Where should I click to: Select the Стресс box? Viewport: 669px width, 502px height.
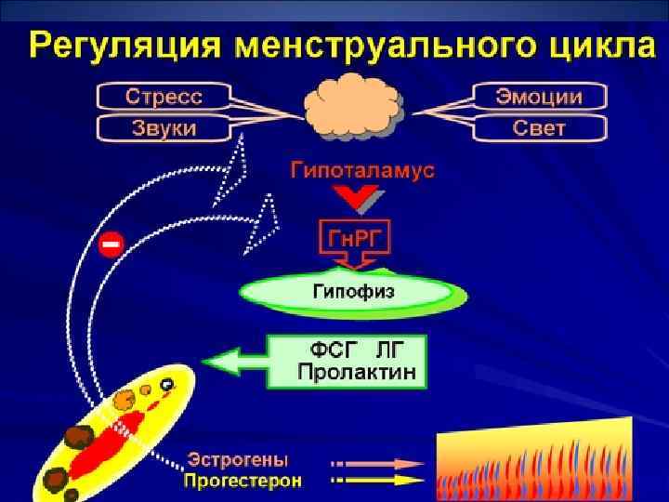pos(164,97)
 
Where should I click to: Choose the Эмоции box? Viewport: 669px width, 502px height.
pos(539,97)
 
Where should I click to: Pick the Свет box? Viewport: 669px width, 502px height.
pos(539,127)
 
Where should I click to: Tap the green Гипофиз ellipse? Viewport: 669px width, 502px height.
pos(352,292)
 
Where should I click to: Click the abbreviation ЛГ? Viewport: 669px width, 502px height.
pos(391,350)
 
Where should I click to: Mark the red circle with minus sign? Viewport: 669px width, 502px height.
pos(111,244)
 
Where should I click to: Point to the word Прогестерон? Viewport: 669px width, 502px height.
pos(243,481)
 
